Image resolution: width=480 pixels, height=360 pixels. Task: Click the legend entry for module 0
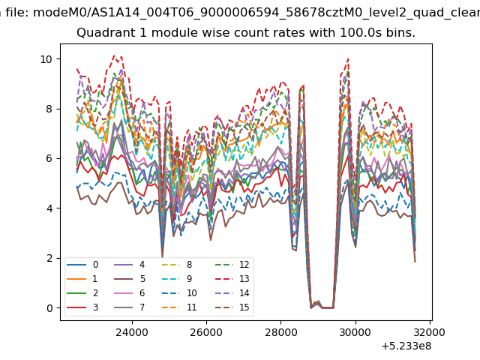point(82,265)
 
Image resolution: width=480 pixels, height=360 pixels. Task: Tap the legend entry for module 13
point(232,279)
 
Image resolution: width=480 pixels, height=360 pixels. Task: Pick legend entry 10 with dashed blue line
point(180,293)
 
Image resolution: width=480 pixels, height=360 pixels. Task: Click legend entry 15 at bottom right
point(232,307)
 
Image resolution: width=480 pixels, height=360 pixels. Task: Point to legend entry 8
point(177,265)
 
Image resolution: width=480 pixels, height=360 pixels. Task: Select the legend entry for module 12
point(232,265)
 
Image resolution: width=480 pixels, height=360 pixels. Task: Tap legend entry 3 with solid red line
point(82,307)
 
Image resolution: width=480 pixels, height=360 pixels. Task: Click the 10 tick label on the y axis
point(46,59)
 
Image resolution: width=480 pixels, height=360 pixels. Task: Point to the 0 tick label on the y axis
point(49,308)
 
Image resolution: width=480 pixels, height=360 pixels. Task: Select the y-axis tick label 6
point(49,158)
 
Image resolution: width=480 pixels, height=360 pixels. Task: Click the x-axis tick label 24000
point(132,332)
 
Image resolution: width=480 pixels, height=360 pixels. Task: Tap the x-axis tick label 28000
point(280,332)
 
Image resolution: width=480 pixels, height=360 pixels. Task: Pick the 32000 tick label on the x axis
point(430,332)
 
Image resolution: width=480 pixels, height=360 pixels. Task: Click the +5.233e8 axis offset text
point(406,346)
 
